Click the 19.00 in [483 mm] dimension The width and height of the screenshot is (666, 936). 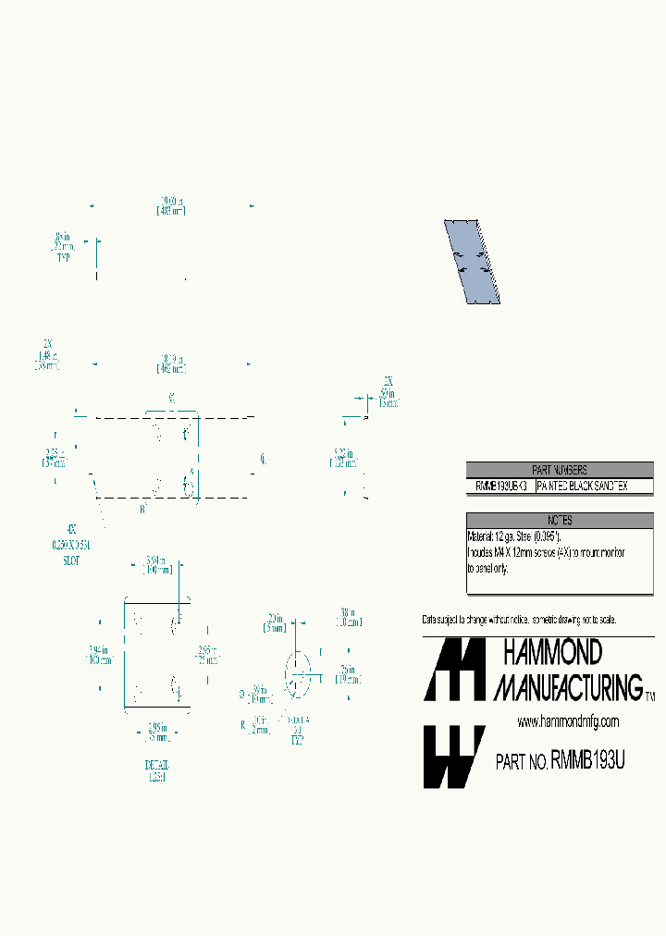[x=171, y=205]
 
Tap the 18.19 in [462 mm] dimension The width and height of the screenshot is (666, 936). [x=171, y=363]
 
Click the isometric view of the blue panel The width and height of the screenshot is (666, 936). [x=473, y=262]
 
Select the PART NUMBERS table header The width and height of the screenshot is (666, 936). [x=559, y=470]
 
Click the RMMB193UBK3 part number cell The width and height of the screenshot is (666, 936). [x=500, y=486]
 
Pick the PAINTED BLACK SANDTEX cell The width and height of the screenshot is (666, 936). [x=593, y=486]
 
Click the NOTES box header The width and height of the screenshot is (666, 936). [x=559, y=521]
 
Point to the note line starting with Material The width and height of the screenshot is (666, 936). [x=513, y=536]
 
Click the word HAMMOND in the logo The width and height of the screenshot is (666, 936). [x=551, y=653]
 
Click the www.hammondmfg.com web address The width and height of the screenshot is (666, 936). [x=567, y=721]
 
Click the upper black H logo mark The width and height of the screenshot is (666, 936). [x=453, y=669]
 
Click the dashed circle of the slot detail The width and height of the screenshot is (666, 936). [x=298, y=672]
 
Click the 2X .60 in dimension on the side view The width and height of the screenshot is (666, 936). [x=389, y=391]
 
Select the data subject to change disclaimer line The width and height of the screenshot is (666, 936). [x=519, y=619]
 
